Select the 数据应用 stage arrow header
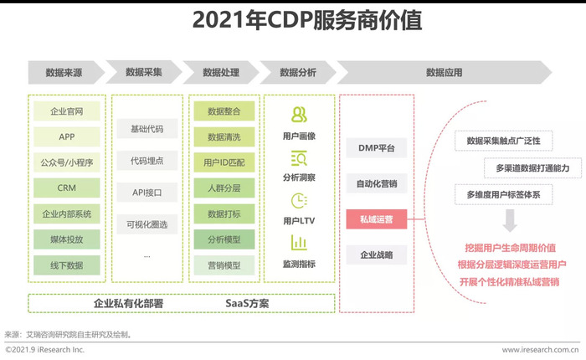click(x=444, y=72)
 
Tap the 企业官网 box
click(x=67, y=111)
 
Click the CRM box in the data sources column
click(x=67, y=188)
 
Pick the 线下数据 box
click(x=67, y=265)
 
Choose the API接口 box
click(x=146, y=193)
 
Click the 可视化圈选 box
click(x=146, y=224)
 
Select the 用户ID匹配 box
click(x=224, y=162)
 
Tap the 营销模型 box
click(x=224, y=265)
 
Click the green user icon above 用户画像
click(x=299, y=115)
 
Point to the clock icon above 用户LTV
click(x=299, y=201)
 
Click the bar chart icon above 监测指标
click(x=299, y=243)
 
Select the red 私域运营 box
click(x=377, y=219)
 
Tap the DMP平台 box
click(x=377, y=147)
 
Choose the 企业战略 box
click(x=377, y=255)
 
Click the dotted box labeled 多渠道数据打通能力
click(x=532, y=167)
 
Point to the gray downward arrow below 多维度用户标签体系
click(x=510, y=220)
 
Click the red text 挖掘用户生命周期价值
click(x=510, y=248)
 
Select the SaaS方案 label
click(x=247, y=303)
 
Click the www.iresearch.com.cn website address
click(x=541, y=350)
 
